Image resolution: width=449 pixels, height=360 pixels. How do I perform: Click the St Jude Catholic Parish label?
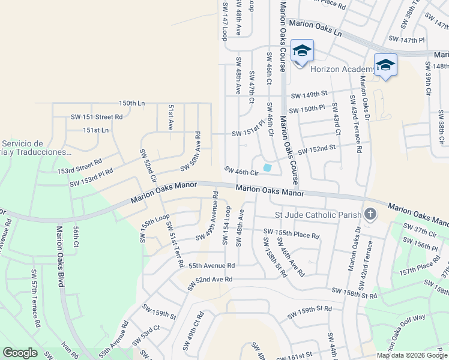coord(318,215)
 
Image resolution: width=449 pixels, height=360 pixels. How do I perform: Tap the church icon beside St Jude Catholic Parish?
coord(370,214)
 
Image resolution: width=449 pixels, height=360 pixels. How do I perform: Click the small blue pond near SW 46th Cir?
coord(267,167)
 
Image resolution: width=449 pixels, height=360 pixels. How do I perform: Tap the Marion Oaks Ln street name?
coord(315,28)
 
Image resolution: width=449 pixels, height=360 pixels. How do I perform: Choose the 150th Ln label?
coord(131,103)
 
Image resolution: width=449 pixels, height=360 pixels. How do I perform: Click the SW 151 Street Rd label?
coord(97,117)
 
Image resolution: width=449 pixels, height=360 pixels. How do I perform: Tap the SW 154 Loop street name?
coord(226,226)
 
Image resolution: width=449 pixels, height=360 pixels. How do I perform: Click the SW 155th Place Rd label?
coord(291,233)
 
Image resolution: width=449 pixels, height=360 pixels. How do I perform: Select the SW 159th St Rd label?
coord(309,311)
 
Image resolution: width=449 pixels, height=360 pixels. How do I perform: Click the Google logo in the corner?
coord(20,353)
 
